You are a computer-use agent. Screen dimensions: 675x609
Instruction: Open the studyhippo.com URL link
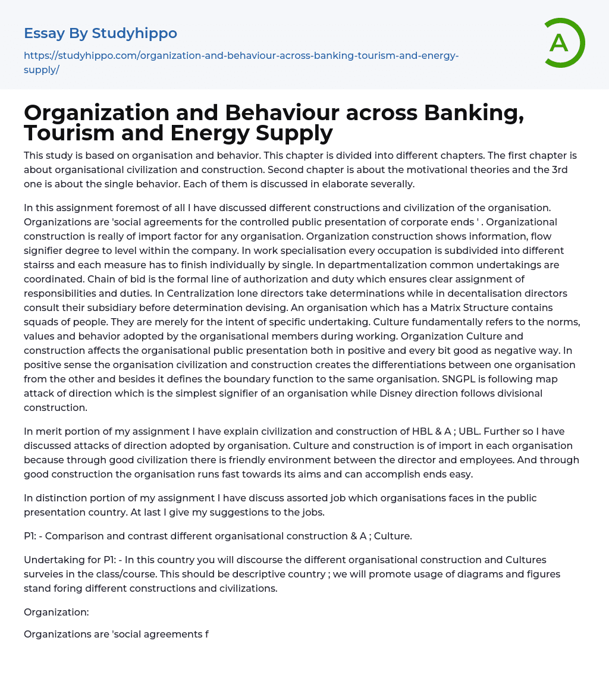point(241,62)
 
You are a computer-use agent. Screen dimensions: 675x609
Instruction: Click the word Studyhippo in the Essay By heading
point(134,33)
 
